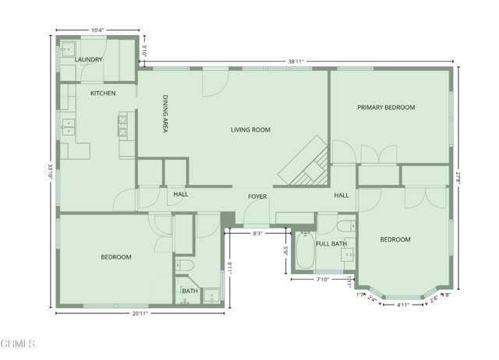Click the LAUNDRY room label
pos(88,59)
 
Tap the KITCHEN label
pos(103,94)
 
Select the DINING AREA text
pos(165,115)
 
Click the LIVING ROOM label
pos(250,129)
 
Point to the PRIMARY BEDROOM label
pos(386,107)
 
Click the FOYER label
pos(258,196)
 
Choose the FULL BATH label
pos(331,244)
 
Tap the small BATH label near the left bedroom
pos(189,291)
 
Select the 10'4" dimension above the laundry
pos(98,30)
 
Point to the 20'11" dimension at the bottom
pos(141,314)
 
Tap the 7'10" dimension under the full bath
pos(324,280)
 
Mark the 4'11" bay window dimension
pos(402,305)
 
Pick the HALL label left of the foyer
pos(180,195)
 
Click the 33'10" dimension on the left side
pos(50,172)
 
